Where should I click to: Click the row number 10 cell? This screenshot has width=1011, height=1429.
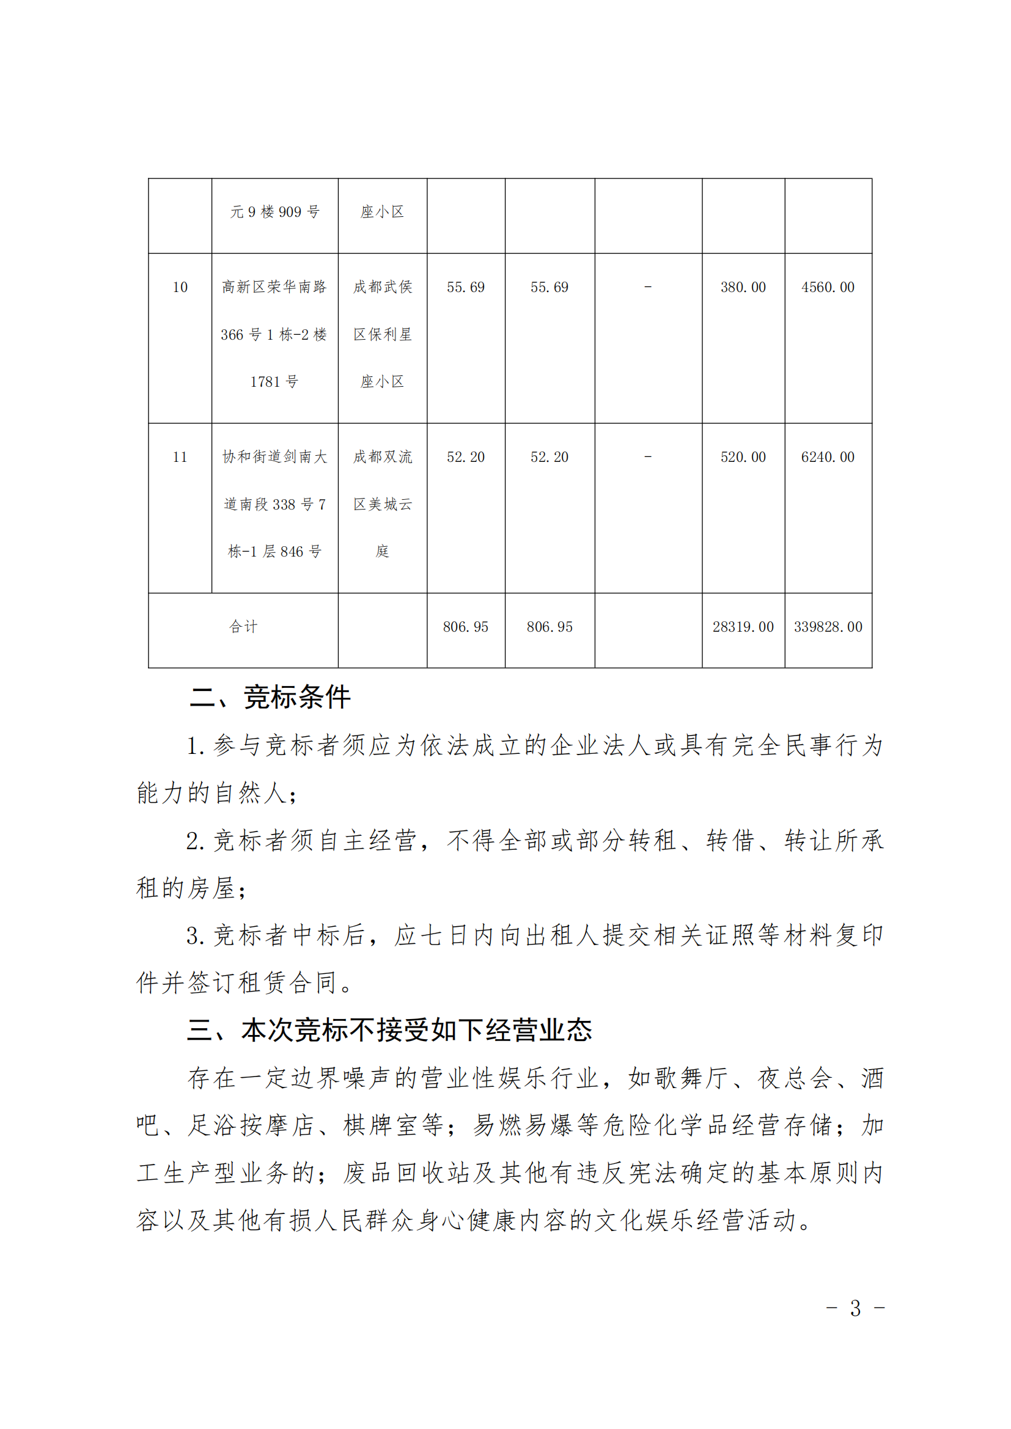(x=180, y=287)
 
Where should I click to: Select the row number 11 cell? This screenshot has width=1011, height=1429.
(x=180, y=457)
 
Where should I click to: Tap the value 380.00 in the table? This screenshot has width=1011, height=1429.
(x=743, y=287)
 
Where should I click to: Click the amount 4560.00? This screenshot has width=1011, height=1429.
(x=828, y=287)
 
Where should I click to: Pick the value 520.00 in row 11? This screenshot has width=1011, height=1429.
(x=743, y=457)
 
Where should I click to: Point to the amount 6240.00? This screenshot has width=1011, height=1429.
(x=828, y=457)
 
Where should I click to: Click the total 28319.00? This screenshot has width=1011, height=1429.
(x=743, y=627)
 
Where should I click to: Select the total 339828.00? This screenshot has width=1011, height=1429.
(x=828, y=627)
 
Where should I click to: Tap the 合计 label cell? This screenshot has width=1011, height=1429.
(x=243, y=627)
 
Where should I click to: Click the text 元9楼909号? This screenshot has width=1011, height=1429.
(x=274, y=212)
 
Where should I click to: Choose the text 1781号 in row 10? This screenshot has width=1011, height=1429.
(x=274, y=381)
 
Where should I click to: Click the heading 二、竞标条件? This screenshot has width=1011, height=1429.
(x=270, y=697)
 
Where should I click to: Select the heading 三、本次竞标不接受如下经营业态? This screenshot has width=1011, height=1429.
(x=389, y=1030)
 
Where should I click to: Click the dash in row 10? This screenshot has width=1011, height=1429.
(x=647, y=287)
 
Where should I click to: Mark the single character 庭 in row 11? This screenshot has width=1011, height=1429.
(x=382, y=552)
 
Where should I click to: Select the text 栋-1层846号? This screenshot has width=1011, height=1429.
(x=274, y=552)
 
